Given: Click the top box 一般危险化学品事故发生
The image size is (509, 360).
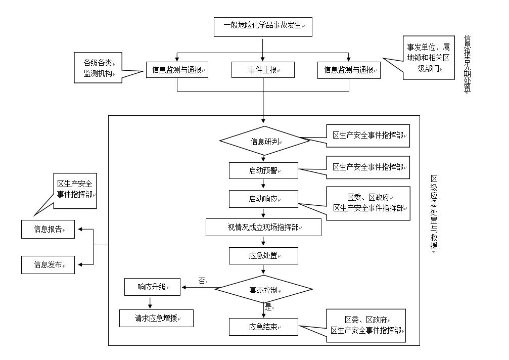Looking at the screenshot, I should point(263,26).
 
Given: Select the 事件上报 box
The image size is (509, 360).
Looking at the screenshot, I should point(263,70).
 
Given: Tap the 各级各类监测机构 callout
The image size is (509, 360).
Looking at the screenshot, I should point(98,68).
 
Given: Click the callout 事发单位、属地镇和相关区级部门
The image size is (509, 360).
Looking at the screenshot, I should point(428,57).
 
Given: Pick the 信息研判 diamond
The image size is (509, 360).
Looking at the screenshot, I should point(264,141).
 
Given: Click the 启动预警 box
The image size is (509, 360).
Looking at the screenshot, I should point(263,170).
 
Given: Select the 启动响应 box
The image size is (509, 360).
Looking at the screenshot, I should point(263,199).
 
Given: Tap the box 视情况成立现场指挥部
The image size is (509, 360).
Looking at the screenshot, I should point(263,228).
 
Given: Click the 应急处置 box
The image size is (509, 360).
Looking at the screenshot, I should point(263,256).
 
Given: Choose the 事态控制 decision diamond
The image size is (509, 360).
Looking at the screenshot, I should point(264,290).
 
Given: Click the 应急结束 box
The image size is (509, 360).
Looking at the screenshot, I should point(263,327).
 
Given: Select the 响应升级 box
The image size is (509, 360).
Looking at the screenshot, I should point(152,287).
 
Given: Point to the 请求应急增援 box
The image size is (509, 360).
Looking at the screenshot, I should point(156,318).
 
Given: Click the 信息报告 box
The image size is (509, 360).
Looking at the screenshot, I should point(48,229).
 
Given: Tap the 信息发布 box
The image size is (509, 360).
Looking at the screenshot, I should point(48,264).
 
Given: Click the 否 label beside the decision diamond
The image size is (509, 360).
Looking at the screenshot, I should point(202,281).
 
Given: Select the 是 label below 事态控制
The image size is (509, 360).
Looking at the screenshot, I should point(268,306).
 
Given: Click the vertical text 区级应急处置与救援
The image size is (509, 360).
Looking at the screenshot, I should point(433,212).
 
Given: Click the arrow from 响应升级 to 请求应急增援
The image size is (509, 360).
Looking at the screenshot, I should point(150,303).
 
